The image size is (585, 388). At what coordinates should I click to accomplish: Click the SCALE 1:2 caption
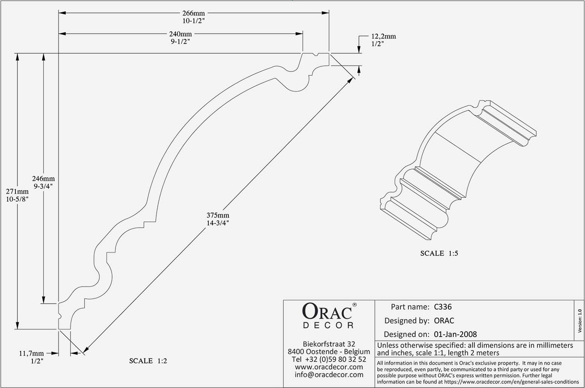pyautogui.click(x=148, y=361)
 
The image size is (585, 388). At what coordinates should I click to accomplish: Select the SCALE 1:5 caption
pyautogui.click(x=439, y=253)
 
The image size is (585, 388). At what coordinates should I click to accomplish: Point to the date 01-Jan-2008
pyautogui.click(x=455, y=334)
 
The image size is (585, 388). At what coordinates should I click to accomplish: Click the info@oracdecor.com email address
pyautogui.click(x=329, y=374)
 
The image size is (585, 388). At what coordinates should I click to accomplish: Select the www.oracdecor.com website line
pyautogui.click(x=329, y=367)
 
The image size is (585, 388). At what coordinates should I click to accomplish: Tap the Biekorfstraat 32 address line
pyautogui.click(x=329, y=344)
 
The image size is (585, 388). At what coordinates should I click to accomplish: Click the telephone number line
pyautogui.click(x=329, y=359)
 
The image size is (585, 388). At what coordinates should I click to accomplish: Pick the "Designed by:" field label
pyautogui.click(x=407, y=321)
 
